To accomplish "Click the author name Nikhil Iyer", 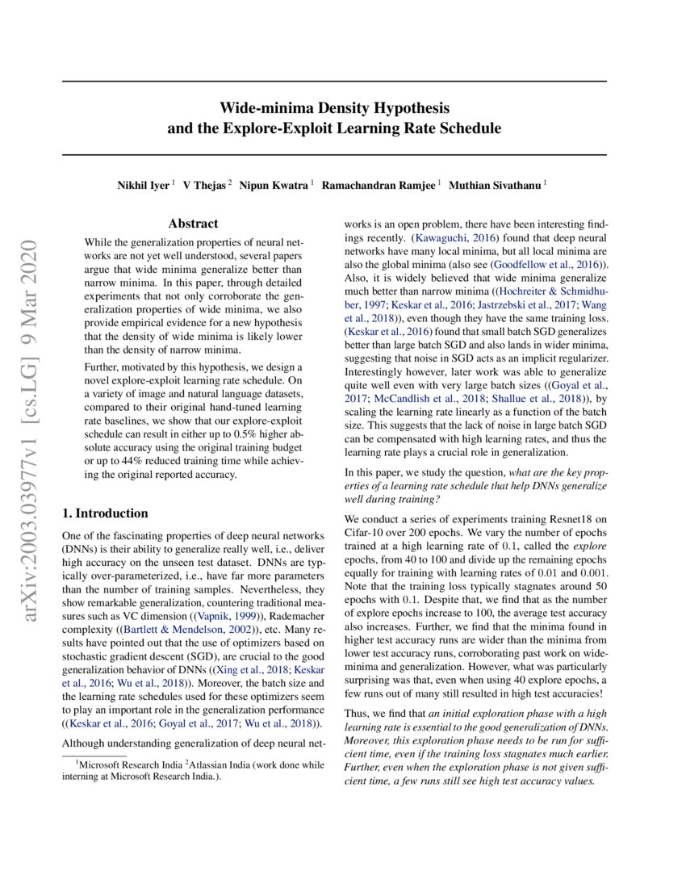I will pos(144,185).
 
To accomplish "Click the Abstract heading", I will pos(193,224).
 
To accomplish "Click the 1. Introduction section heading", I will pos(105,513).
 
